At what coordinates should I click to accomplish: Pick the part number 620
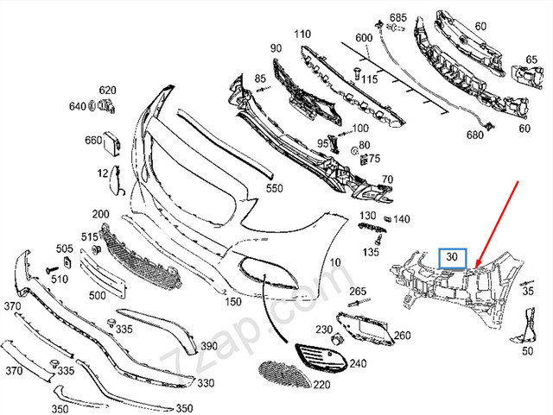[x=107, y=91]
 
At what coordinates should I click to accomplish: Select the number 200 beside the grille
[x=100, y=214]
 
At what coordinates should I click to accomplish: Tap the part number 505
[x=65, y=248]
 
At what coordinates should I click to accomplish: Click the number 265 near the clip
[x=358, y=291]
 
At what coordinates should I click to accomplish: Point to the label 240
[x=358, y=363]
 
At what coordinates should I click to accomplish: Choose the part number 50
[x=527, y=352]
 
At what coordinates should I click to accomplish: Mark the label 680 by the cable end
[x=475, y=136]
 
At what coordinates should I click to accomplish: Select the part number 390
[x=209, y=346]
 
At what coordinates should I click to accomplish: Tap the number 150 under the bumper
[x=233, y=302]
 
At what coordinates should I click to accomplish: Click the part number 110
[x=302, y=35]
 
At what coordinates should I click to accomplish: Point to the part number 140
[x=402, y=220]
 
